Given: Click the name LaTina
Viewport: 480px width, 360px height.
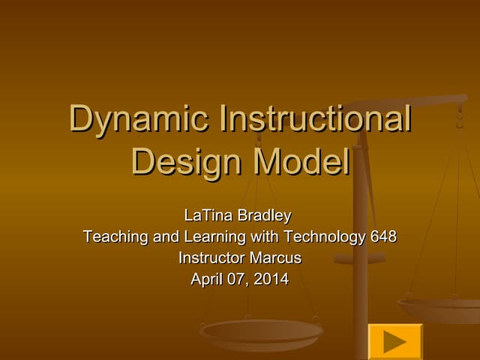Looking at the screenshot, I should click(209, 216).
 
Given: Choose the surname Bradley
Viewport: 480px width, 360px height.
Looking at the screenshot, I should click(264, 216).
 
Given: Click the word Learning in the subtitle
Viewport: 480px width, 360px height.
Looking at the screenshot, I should click(214, 237).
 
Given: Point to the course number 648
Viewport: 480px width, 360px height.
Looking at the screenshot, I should click(383, 237).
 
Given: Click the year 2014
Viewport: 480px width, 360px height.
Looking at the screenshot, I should click(271, 280).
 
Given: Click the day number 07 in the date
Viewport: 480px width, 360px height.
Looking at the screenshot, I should click(238, 280).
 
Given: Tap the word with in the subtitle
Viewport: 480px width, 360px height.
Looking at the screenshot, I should click(265, 237).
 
